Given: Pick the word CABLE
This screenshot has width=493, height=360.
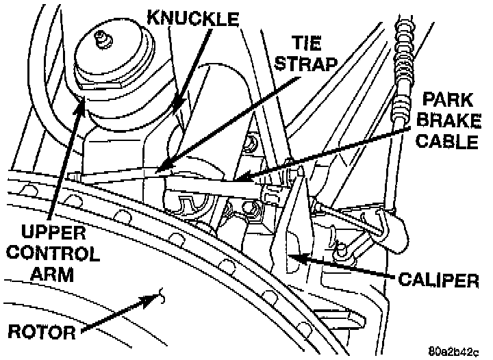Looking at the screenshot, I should [x=449, y=142].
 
